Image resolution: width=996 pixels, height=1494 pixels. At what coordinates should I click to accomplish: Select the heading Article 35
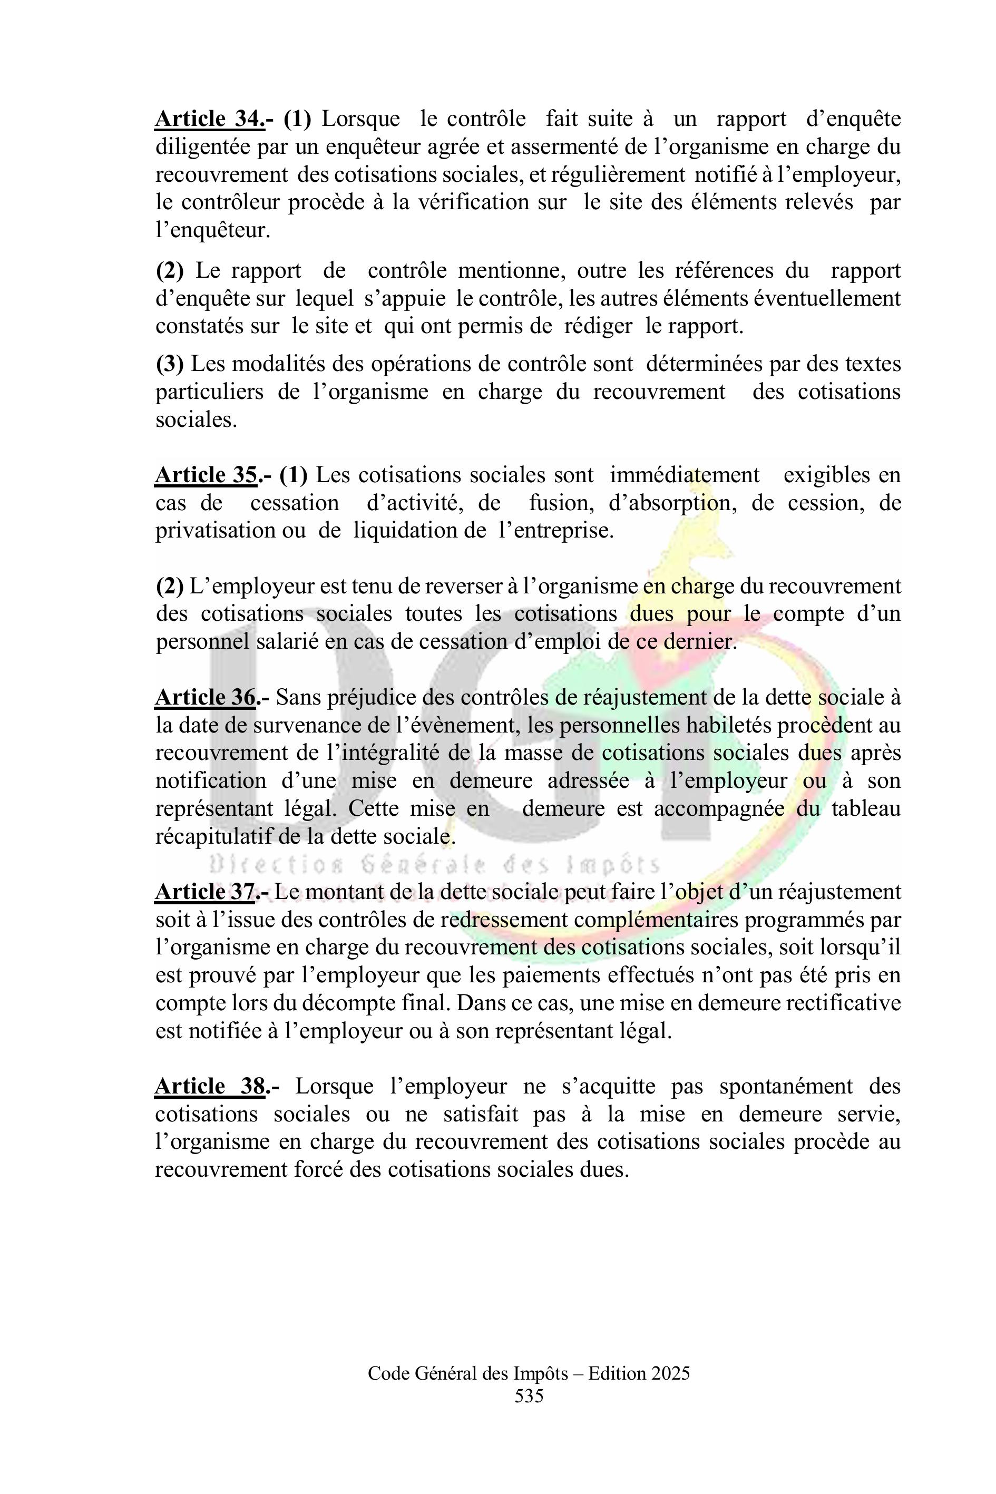click(206, 475)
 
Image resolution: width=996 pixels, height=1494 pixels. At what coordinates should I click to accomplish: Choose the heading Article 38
click(210, 1086)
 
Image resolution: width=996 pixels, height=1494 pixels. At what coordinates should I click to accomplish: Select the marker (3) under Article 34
click(170, 364)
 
